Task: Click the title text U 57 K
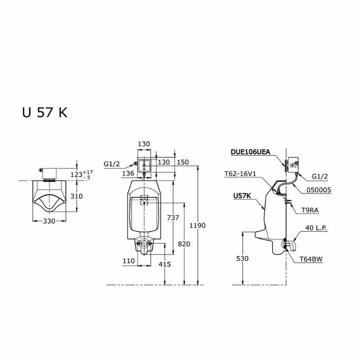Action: [44, 113]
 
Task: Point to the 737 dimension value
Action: [173, 218]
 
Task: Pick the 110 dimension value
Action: [129, 261]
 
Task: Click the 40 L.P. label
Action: [318, 228]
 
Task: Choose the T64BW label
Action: [312, 260]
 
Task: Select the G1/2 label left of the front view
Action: [112, 164]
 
